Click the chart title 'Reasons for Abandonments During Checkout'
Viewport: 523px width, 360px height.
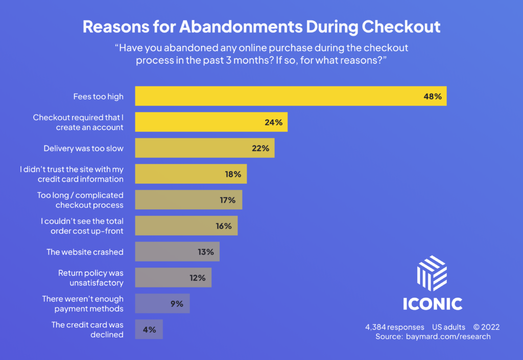[261, 27]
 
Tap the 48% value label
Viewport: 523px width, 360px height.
[432, 96]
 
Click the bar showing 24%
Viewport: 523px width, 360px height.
[210, 123]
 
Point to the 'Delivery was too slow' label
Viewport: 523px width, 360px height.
[84, 149]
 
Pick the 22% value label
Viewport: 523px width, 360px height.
[260, 149]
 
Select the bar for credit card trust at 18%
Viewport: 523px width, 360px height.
[191, 174]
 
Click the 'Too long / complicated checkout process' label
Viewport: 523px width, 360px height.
[80, 200]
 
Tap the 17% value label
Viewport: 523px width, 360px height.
[227, 200]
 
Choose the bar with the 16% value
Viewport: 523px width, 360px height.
[186, 226]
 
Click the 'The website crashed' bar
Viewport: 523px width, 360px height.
[177, 252]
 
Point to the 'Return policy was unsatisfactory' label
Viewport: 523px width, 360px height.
[90, 278]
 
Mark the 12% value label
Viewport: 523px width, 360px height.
[198, 278]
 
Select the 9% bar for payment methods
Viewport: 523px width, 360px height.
[162, 303]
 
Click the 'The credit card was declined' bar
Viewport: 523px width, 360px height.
[149, 329]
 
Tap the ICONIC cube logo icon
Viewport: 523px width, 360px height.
[432, 273]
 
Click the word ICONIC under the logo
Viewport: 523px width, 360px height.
[432, 304]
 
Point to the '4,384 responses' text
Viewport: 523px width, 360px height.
[395, 327]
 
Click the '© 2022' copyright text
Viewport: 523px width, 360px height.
[486, 327]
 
